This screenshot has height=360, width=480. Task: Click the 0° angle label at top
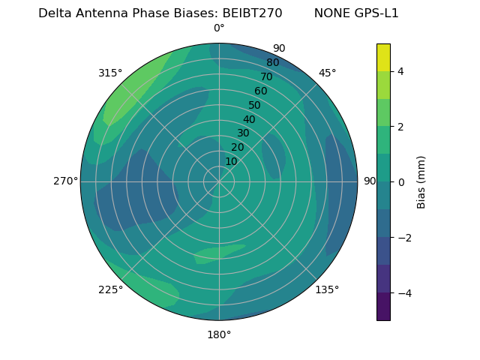tap(219, 28)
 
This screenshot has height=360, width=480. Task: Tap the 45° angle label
tap(327, 73)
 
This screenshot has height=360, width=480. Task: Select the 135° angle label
tap(327, 289)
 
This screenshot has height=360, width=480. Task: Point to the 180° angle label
tap(219, 334)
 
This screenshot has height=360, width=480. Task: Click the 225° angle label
tap(110, 289)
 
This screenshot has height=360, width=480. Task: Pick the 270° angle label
tap(65, 181)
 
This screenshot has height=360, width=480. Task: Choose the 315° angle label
tap(110, 73)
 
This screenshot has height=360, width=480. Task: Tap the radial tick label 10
tap(231, 161)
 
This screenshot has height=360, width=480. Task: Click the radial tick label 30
tap(243, 133)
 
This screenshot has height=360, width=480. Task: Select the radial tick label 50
tap(254, 105)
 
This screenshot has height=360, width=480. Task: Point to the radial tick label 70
tap(266, 76)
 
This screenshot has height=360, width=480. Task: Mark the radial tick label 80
tap(272, 62)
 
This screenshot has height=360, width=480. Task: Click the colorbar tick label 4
tap(401, 71)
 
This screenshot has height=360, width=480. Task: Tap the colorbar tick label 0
tap(401, 181)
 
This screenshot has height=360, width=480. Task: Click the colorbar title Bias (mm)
tap(421, 181)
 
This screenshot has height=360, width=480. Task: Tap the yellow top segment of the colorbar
tap(383, 57)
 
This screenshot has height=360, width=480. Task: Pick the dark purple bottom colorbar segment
tap(383, 307)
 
